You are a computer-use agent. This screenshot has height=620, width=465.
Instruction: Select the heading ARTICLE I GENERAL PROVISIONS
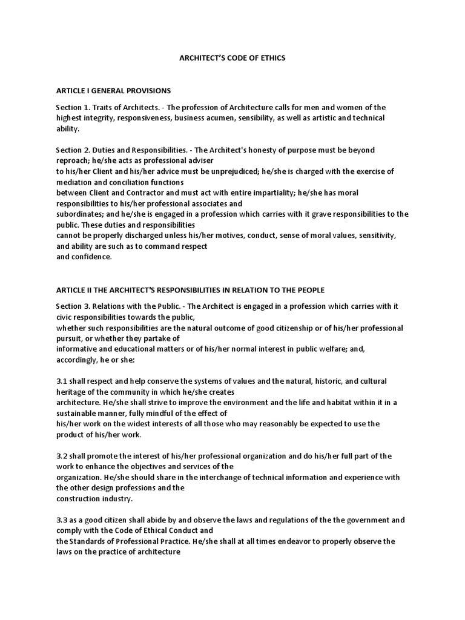113,91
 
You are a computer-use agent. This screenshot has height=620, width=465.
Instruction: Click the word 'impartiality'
262,193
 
